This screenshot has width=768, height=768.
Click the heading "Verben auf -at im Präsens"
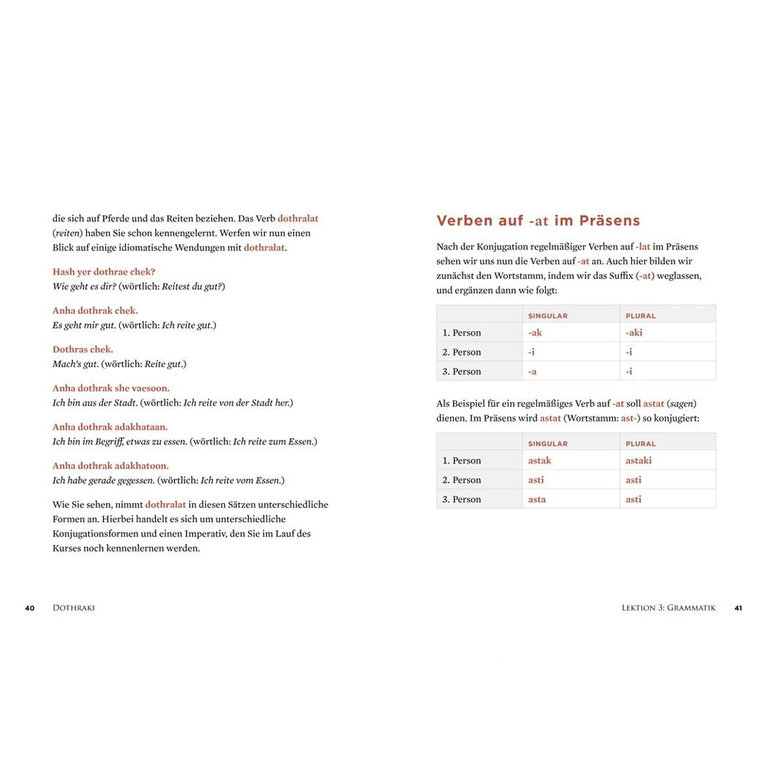(x=538, y=221)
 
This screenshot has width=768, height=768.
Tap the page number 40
(x=30, y=607)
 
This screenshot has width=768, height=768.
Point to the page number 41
(x=738, y=607)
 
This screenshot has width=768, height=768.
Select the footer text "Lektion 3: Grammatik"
(x=668, y=607)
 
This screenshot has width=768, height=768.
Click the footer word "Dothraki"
(x=74, y=607)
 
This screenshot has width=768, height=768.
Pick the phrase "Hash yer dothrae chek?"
(x=104, y=272)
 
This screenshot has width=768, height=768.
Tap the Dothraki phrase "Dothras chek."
(x=82, y=349)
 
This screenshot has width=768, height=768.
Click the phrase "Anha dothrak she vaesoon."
(x=111, y=389)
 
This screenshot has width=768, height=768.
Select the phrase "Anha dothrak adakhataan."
(x=110, y=427)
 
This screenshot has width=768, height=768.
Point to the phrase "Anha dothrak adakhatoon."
(x=111, y=466)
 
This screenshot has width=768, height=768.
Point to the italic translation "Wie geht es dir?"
(x=84, y=286)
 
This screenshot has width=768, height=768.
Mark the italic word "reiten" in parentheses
(x=68, y=233)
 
